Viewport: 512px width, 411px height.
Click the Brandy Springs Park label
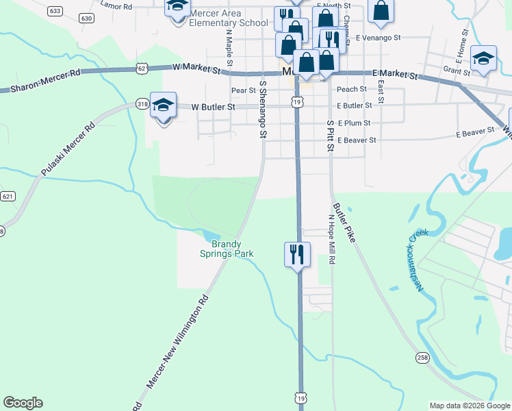(227, 249)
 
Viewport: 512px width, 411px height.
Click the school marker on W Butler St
(163, 105)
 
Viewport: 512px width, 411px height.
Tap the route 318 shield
(142, 103)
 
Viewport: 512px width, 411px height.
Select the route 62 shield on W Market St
(142, 68)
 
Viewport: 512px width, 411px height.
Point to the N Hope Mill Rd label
(331, 240)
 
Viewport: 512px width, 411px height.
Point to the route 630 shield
(86, 18)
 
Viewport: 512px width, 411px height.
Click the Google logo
(23, 403)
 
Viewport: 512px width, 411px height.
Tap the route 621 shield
(8, 197)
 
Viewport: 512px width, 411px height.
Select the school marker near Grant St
(483, 59)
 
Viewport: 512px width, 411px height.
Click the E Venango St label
(377, 37)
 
